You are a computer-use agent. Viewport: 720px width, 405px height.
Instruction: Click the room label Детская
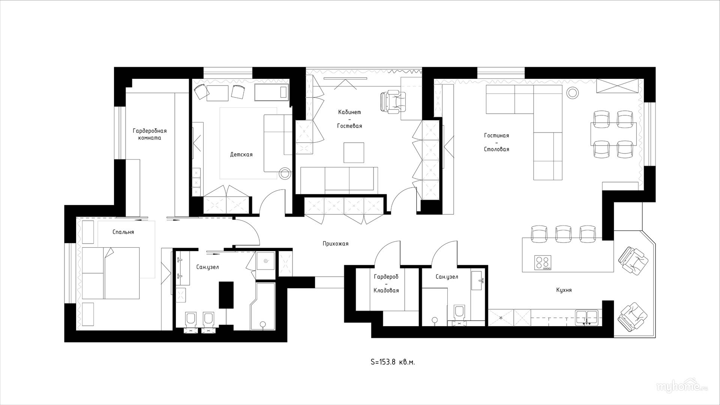coord(241,155)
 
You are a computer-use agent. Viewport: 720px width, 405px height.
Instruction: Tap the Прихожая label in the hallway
coord(335,244)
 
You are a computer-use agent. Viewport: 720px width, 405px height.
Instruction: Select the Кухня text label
coord(564,290)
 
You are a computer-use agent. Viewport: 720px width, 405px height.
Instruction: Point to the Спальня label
coord(123,232)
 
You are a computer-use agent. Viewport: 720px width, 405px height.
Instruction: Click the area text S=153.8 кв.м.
coord(393,362)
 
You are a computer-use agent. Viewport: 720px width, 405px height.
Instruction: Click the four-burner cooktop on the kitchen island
coord(543,262)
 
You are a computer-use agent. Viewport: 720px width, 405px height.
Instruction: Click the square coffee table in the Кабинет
coord(354,152)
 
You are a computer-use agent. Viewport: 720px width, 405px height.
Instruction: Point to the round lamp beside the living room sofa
coord(573,92)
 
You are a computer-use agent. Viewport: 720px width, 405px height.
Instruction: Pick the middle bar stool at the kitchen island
coord(563,233)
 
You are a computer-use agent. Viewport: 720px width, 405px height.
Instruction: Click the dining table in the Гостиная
coord(613,134)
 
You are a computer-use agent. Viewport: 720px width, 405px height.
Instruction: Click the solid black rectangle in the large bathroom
coord(226,295)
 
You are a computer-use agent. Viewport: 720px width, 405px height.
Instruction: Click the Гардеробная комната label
coord(149,134)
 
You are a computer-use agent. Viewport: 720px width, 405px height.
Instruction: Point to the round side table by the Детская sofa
coord(285,173)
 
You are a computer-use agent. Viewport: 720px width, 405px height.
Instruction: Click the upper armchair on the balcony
coord(633,260)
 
